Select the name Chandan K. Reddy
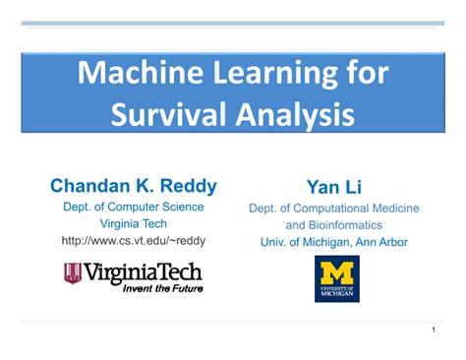click(x=134, y=186)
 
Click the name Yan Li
click(x=334, y=187)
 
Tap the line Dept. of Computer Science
click(x=134, y=207)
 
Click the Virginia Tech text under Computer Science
click(x=134, y=223)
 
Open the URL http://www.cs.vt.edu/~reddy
click(x=134, y=240)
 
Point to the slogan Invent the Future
click(x=162, y=288)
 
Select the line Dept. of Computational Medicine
click(x=334, y=209)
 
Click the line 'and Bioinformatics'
click(x=334, y=225)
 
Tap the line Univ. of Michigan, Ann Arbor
click(x=334, y=242)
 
